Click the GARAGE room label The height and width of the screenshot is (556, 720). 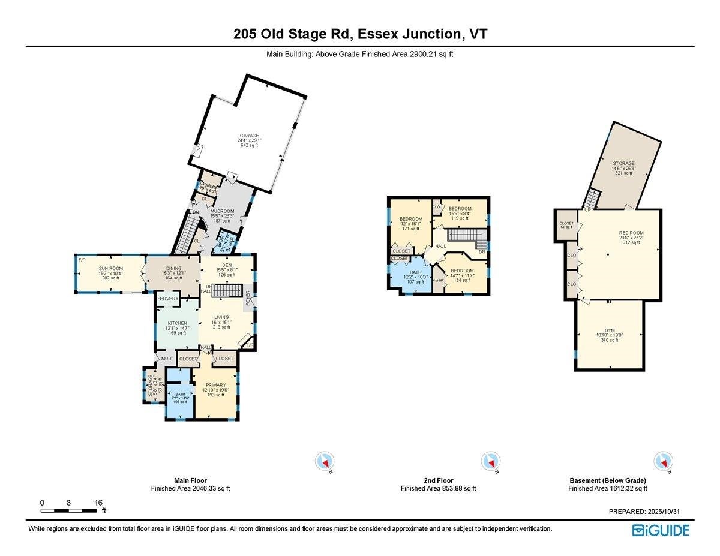coord(250,136)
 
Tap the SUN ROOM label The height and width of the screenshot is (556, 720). coord(109,268)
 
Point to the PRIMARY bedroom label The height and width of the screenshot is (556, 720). coord(215,385)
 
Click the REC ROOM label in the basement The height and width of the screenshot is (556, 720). coord(631,233)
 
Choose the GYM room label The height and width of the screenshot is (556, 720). coord(609,330)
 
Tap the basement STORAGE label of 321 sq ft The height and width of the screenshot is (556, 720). coord(623,163)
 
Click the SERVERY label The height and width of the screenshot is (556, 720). coord(169,299)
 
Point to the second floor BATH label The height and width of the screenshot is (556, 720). coord(415,272)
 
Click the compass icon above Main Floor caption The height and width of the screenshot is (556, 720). coord(324,461)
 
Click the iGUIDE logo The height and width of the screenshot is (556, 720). coord(661,530)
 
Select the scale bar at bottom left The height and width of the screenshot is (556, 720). coord(69,510)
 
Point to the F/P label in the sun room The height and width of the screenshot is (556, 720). coord(82,260)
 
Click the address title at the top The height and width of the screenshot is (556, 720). coord(360,34)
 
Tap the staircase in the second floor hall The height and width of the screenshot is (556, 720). coord(465,237)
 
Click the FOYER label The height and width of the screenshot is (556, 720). coord(248,298)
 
